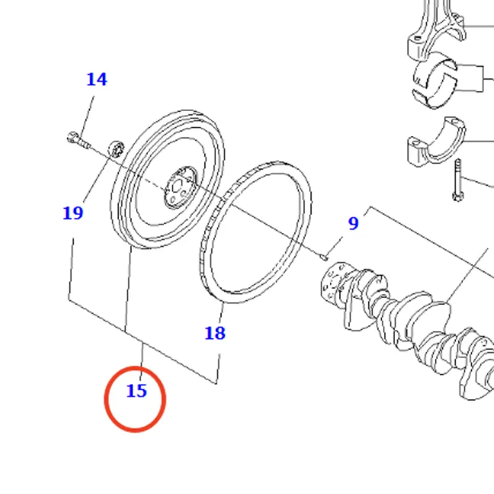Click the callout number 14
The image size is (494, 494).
point(97,80)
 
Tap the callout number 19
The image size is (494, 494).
point(73,213)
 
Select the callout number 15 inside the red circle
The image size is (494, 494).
point(136,391)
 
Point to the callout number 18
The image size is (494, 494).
point(215,333)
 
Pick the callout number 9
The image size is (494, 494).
point(353,224)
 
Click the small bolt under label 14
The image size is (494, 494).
point(78,141)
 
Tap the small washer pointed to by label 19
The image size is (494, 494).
point(116,148)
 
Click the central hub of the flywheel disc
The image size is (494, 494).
point(180,188)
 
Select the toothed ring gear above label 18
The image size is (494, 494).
point(256,232)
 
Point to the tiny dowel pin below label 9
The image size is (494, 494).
point(324,257)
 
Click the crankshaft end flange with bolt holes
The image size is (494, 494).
point(335,281)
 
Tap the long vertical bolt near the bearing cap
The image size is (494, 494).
point(458,180)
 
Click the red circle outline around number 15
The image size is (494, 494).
point(135,399)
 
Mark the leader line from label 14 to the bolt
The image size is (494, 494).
point(86,117)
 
